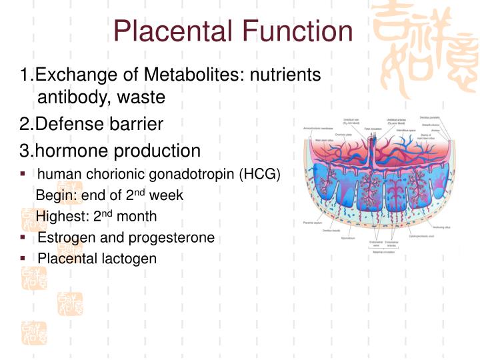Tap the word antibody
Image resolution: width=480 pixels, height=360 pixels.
tap(74, 97)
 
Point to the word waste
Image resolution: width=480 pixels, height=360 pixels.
tap(141, 97)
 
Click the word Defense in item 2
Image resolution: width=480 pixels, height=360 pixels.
tap(70, 124)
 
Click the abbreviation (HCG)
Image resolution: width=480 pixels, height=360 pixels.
tap(257, 174)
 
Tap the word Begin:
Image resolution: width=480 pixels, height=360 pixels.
tap(55, 195)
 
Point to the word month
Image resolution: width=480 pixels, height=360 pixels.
tap(137, 217)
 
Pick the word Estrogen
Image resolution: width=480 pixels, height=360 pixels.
tap(65, 237)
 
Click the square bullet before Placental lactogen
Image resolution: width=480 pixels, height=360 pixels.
tap(23, 257)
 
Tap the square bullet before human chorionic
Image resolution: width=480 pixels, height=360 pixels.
tap(23, 173)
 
